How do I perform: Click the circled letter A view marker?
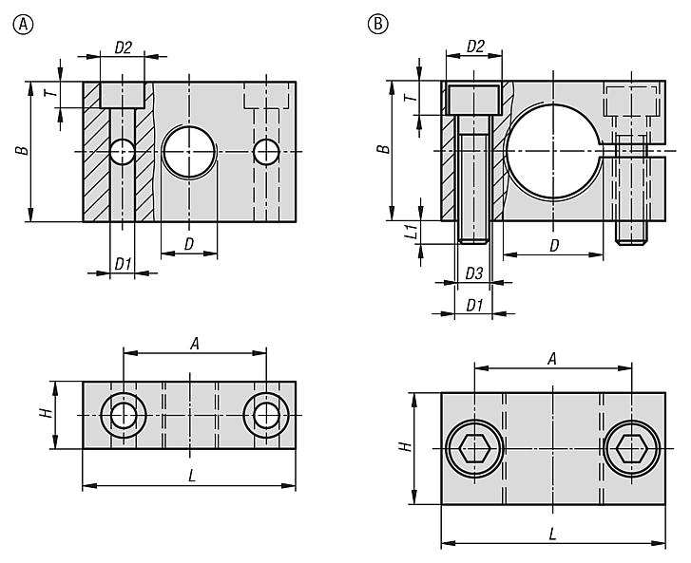pos(24,25)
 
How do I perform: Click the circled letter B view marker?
pos(377,24)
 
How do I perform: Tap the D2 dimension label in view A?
pos(123,47)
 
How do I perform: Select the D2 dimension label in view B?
pos(475,47)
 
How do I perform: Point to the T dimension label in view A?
pos(52,93)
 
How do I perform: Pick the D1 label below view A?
pos(123,264)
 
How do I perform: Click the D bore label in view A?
pos(188,244)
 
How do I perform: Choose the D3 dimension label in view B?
pos(474,273)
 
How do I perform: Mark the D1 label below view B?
pos(474,306)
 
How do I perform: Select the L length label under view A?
pos(192,476)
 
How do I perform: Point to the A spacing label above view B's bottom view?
pos(551,360)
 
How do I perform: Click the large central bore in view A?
pos(189,151)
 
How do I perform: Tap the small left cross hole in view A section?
pos(123,152)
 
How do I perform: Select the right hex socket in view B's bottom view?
pos(631,449)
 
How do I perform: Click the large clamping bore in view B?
pos(553,152)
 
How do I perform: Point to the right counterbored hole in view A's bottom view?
pos(266,415)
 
